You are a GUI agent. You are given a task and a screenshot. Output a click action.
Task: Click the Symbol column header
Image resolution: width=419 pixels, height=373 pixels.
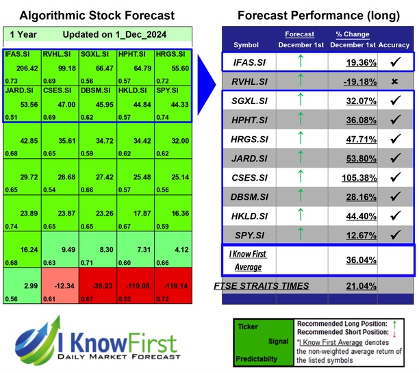point(246,45)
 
